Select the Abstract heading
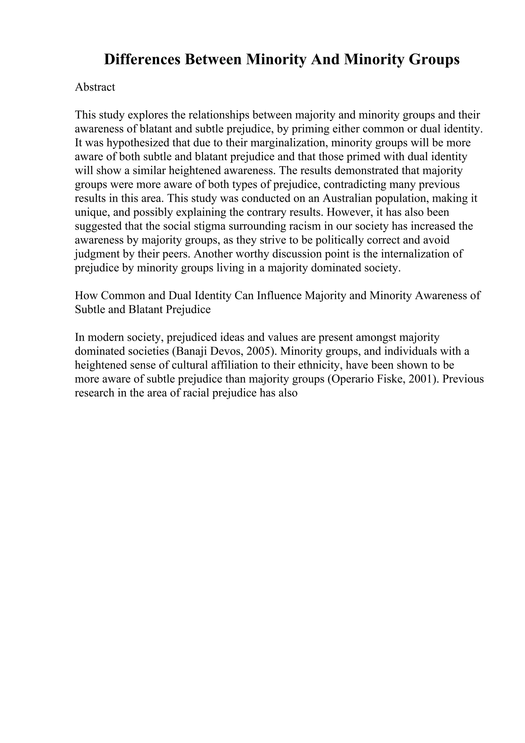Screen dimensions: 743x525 95,87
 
